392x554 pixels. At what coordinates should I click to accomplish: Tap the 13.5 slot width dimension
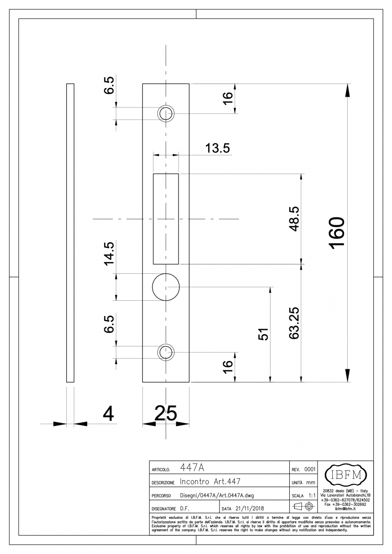[217, 148]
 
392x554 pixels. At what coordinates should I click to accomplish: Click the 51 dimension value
[264, 334]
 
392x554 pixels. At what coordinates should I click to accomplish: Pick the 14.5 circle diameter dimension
[109, 254]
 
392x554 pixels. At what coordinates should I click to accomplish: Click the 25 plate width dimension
[166, 413]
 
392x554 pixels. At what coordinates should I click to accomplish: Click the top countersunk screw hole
[166, 114]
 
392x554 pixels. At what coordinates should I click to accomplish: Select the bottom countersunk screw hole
[166, 352]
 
